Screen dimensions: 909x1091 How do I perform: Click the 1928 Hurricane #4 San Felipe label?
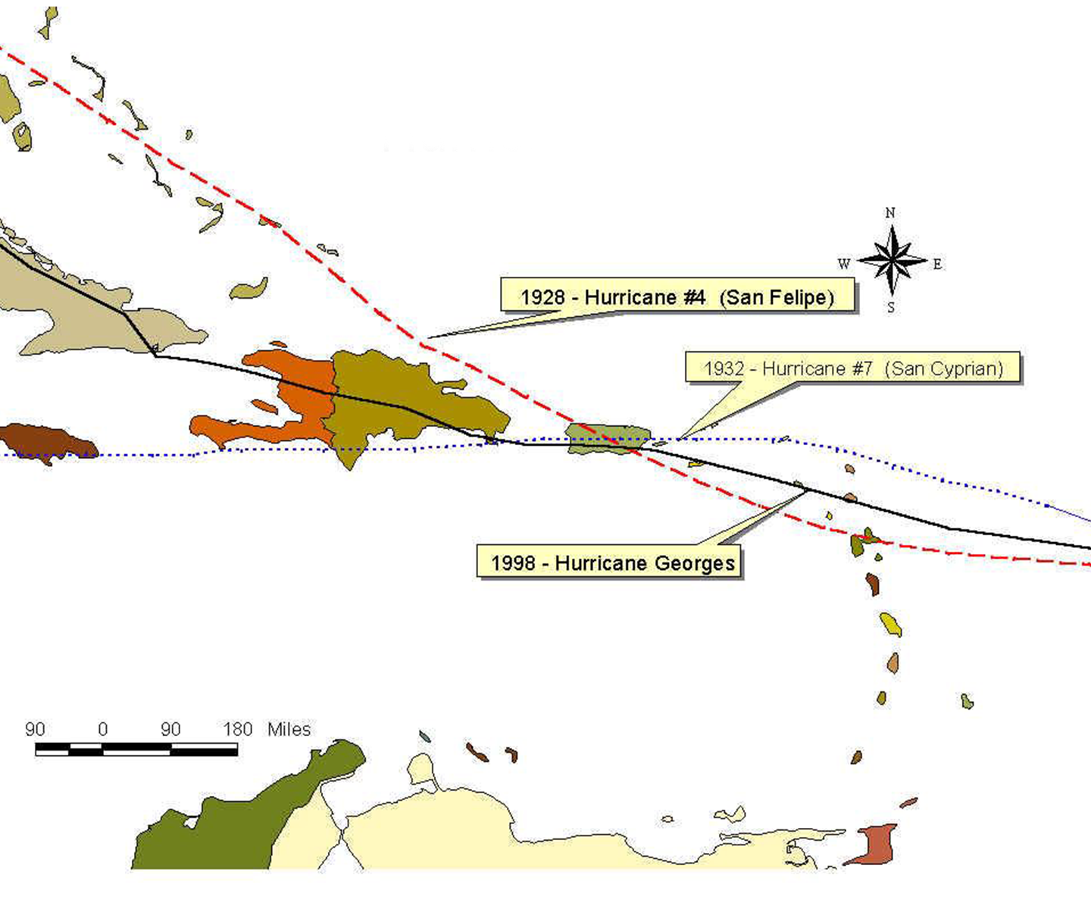pos(677,296)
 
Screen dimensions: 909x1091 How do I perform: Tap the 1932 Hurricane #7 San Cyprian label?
pos(853,368)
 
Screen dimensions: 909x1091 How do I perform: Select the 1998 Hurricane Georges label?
pos(612,563)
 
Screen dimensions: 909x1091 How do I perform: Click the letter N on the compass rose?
pos(890,213)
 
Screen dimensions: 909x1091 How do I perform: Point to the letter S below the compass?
pos(891,308)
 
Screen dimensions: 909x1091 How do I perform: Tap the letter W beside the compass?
pos(843,264)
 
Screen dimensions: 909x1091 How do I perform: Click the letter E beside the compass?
pos(937,264)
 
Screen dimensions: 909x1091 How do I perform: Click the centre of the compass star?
pos(892,261)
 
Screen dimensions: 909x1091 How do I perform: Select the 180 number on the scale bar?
pos(237,729)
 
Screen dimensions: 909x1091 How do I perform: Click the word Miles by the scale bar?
pos(289,729)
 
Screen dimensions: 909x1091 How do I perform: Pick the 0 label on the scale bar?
pos(103,729)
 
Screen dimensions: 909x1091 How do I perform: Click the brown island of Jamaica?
pos(45,441)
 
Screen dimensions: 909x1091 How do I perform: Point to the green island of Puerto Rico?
pos(606,437)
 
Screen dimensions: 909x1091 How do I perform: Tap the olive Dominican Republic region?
pos(409,402)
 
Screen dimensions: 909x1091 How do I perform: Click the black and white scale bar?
pos(136,750)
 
